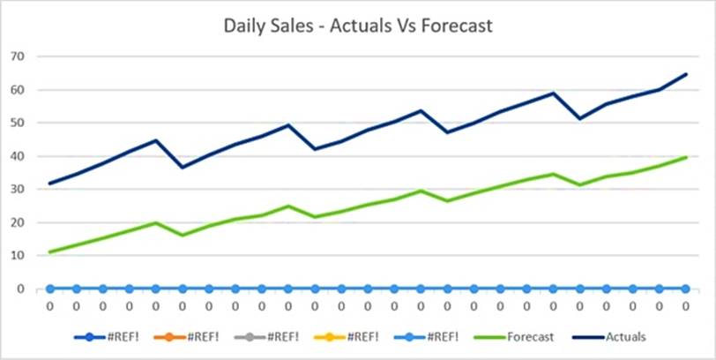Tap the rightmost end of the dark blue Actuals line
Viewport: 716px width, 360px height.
(685, 74)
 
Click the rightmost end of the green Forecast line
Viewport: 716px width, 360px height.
(685, 157)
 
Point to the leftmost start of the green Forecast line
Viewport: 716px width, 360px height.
(49, 252)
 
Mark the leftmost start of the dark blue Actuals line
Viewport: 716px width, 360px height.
(49, 184)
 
